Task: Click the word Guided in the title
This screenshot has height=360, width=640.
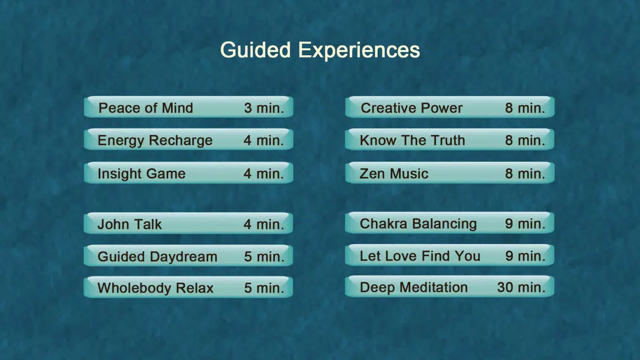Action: tap(256, 50)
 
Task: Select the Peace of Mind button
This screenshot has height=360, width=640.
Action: tap(189, 108)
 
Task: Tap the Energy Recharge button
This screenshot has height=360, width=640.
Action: tap(189, 140)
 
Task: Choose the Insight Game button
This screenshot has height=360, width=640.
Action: tap(189, 173)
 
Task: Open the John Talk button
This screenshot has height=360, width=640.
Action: tap(189, 224)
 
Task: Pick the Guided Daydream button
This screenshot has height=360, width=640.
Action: tap(189, 256)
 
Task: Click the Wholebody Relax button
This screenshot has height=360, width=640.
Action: tap(189, 287)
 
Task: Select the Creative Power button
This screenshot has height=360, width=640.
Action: tap(450, 108)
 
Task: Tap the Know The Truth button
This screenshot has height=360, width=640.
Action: tap(450, 140)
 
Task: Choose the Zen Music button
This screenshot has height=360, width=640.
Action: tap(450, 173)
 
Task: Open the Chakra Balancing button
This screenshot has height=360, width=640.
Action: tap(450, 223)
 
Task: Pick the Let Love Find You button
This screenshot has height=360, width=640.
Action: tap(450, 256)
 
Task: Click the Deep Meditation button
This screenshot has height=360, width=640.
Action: tap(450, 287)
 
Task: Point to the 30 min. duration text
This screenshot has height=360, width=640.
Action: tap(521, 287)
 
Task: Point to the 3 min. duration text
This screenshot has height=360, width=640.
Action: tap(264, 108)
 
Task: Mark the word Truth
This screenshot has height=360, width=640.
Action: tap(448, 140)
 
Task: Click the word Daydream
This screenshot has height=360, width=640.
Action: tap(183, 257)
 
